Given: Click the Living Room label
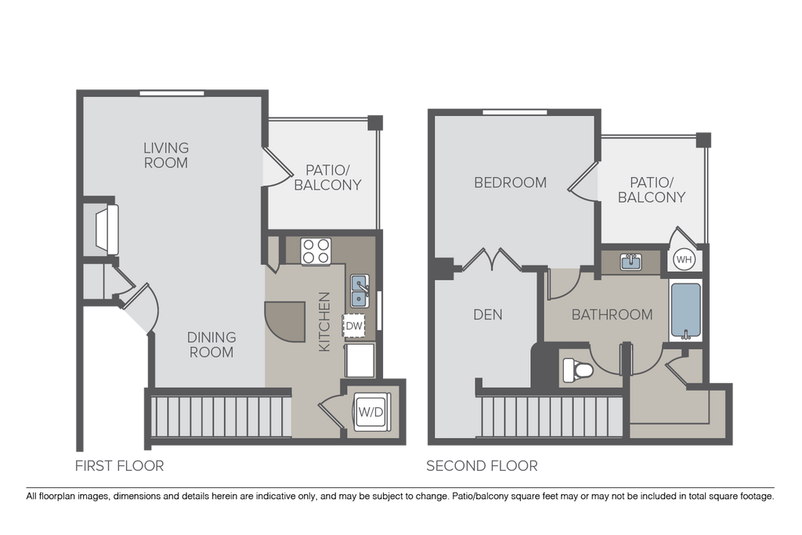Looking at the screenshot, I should [x=166, y=155].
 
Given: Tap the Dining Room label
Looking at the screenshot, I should [x=211, y=345].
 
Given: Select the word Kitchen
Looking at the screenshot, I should [x=325, y=321].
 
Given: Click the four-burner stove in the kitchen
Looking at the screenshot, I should [x=316, y=251].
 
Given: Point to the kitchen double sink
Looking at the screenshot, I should [x=360, y=291].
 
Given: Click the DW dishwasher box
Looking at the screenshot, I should [x=354, y=325].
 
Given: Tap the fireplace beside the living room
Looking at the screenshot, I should [x=106, y=230].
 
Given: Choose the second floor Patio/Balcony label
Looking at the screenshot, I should [x=652, y=190].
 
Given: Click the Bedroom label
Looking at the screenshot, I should [x=511, y=183].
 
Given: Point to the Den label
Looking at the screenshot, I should [x=488, y=315].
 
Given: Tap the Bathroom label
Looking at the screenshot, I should [x=612, y=315].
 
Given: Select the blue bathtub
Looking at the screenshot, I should [x=686, y=312].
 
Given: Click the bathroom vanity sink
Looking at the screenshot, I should [x=631, y=262].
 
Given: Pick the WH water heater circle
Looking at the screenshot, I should [x=684, y=259].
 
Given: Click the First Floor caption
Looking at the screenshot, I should [x=119, y=466].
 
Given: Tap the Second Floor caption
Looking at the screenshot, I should [x=482, y=466].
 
